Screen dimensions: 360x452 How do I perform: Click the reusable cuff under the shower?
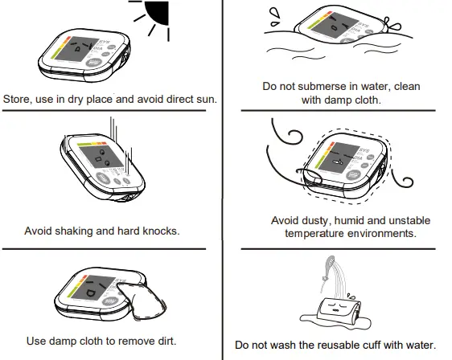[339, 310]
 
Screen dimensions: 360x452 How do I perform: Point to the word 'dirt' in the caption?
[164, 341]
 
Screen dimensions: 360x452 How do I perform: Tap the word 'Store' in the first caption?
[18, 100]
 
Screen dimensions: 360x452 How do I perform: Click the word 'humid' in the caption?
[353, 220]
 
